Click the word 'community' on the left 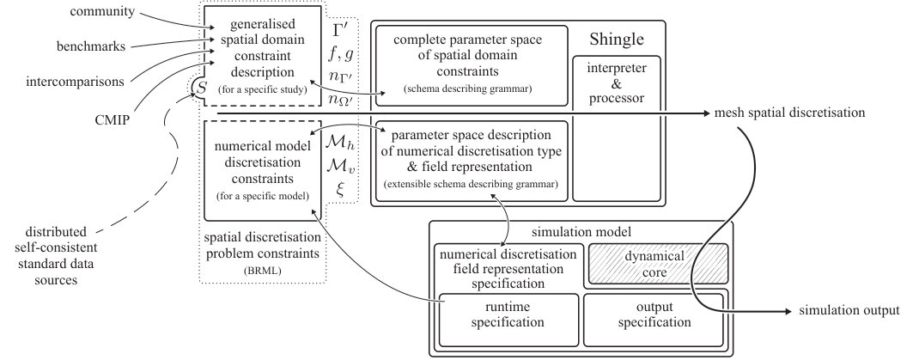click(x=102, y=11)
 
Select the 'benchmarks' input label click(x=91, y=46)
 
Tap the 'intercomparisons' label click(x=75, y=82)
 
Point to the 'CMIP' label click(x=112, y=121)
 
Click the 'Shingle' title click(x=617, y=40)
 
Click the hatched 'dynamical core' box click(x=659, y=263)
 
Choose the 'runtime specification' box click(x=508, y=320)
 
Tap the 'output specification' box click(x=654, y=320)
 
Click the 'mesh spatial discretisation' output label click(x=789, y=113)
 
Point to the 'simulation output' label click(x=849, y=311)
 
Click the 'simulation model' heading click(x=581, y=232)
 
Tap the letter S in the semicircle click(x=202, y=88)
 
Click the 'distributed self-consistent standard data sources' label click(x=56, y=256)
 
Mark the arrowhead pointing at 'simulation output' click(x=788, y=312)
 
